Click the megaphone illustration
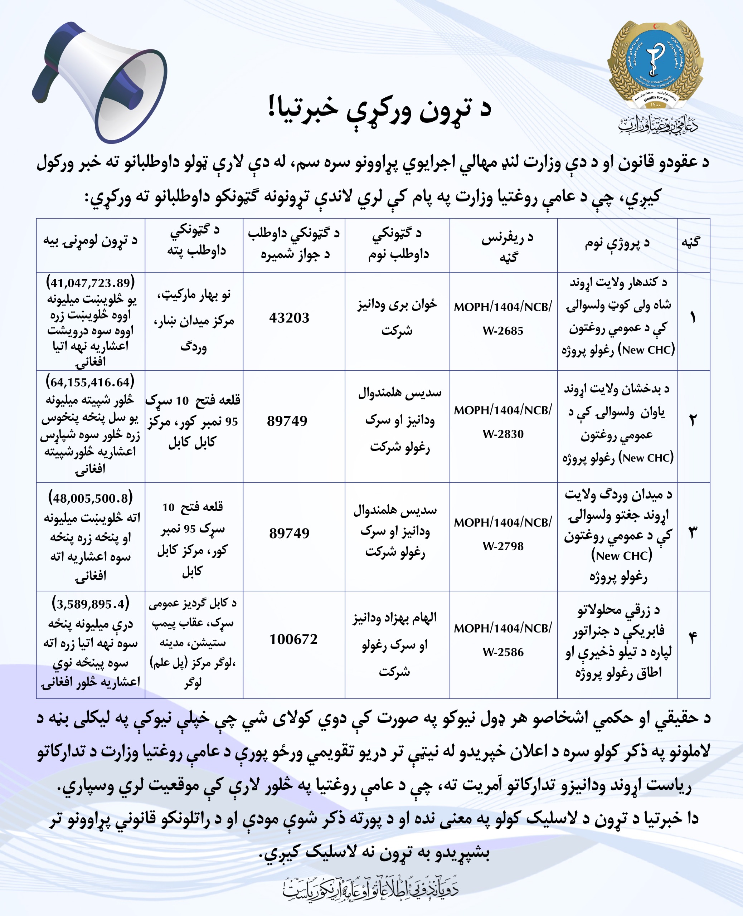tap(101, 81)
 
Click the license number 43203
tap(289, 318)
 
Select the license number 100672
tap(293, 639)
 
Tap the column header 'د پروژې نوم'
tap(617, 243)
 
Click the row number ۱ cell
tap(693, 318)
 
